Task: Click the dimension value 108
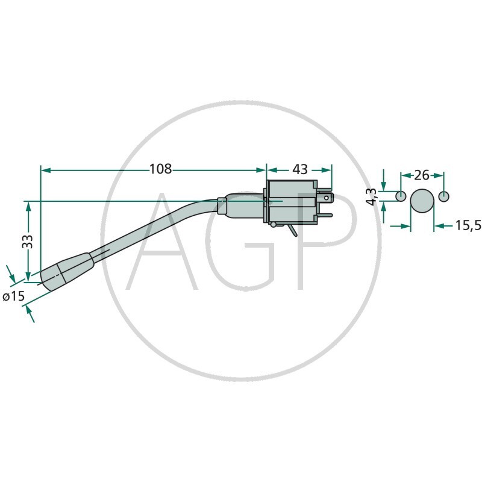[160, 169]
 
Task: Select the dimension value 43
[300, 169]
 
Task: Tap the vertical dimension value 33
[28, 242]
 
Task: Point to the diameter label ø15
[13, 296]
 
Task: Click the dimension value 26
[422, 175]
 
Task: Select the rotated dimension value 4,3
[372, 197]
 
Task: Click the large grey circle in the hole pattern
[422, 201]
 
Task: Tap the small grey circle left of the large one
[400, 196]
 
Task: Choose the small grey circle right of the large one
[443, 196]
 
